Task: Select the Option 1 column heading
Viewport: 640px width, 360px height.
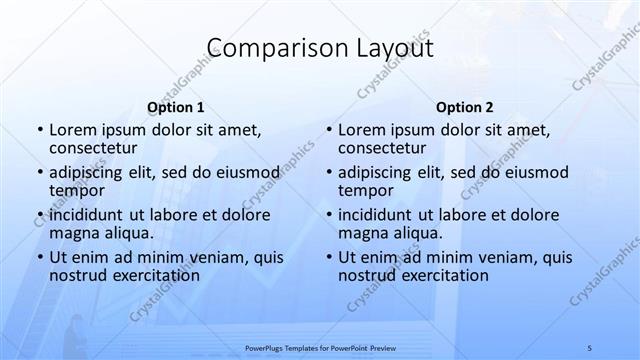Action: pyautogui.click(x=175, y=106)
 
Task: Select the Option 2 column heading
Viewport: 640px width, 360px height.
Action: pyautogui.click(x=464, y=106)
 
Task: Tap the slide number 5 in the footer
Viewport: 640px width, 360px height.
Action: pyautogui.click(x=590, y=346)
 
